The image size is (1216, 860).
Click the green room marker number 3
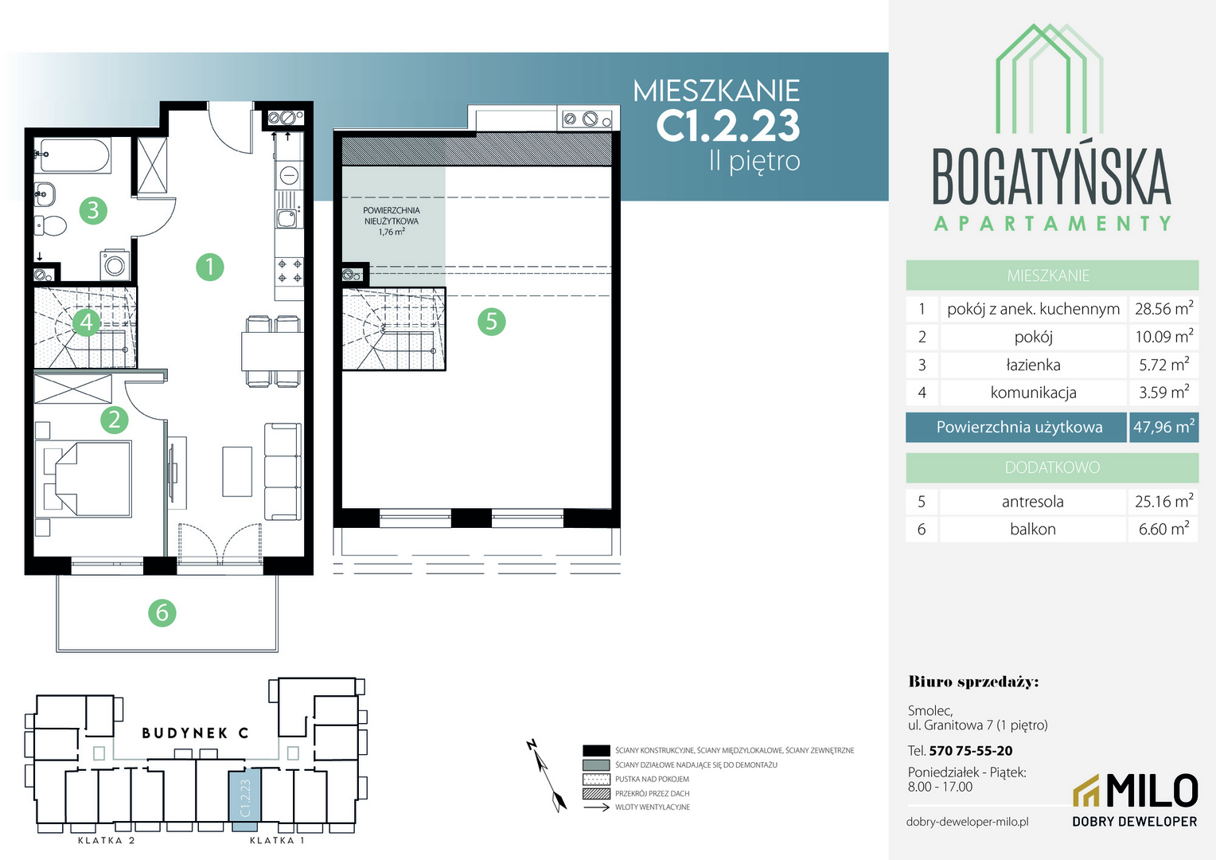[93, 210]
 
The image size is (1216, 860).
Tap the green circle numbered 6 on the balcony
[162, 613]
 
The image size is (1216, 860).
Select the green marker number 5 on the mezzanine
[491, 322]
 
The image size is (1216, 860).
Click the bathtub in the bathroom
[73, 155]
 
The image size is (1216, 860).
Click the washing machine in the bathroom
[115, 265]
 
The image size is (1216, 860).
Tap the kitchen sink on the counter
[286, 219]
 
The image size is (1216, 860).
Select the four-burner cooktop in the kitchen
[290, 271]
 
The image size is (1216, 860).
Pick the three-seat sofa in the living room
[283, 471]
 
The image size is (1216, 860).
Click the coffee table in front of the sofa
[237, 471]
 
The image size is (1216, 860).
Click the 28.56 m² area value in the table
[1164, 308]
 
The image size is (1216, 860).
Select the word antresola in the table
[1032, 502]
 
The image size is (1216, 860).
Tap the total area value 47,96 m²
[1164, 427]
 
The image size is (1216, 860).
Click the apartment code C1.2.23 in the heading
[727, 126]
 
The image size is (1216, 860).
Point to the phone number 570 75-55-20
[971, 751]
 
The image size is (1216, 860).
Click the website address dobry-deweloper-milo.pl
[968, 822]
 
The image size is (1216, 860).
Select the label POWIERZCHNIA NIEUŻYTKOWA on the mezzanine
[392, 216]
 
